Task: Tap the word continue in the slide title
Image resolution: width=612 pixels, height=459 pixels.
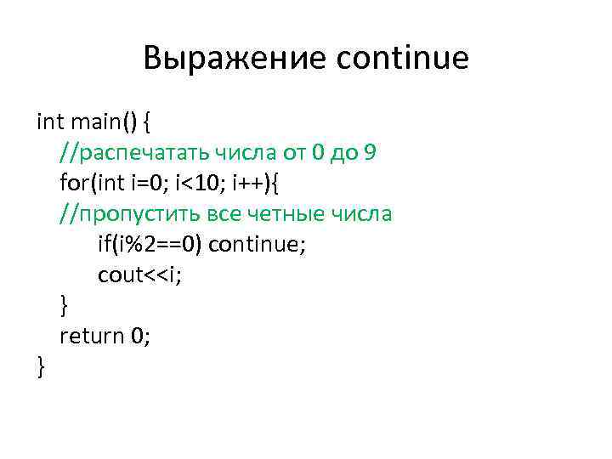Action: [x=403, y=59]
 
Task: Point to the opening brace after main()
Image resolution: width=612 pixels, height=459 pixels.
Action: [x=147, y=122]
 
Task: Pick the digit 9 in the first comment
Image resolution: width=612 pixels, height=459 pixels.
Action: [x=370, y=153]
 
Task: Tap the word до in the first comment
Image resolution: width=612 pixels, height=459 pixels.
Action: [x=340, y=153]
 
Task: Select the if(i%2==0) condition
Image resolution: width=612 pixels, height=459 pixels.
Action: [x=149, y=244]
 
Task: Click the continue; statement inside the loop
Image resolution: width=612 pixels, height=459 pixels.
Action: [x=257, y=244]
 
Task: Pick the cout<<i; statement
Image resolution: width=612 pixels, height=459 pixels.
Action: [x=139, y=275]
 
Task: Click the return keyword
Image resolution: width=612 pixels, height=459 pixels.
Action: [x=92, y=336]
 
